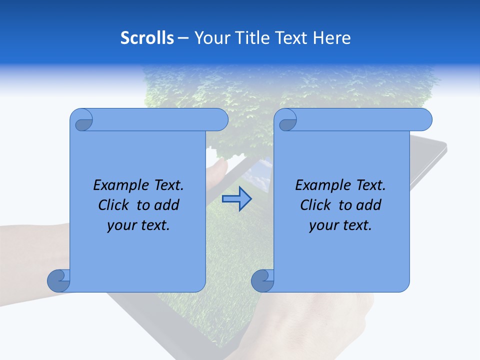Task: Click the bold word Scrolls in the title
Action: tap(147, 38)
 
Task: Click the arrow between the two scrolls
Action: tap(236, 198)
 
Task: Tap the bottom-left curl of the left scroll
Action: tap(58, 280)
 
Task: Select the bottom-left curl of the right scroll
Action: tap(262, 280)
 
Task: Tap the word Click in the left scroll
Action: tap(113, 205)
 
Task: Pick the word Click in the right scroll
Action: tap(315, 205)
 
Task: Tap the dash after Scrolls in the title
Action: tap(183, 38)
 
